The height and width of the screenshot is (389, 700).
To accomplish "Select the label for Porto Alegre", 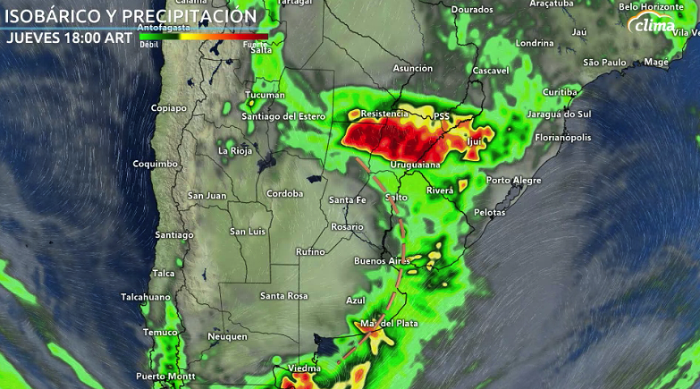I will coord(514,180).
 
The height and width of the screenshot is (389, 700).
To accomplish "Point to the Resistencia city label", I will coord(384,114).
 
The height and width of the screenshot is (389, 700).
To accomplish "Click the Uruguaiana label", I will coord(417,165).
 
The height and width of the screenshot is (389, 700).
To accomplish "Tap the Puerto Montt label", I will coord(165,376).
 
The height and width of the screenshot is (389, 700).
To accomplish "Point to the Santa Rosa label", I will coord(283,296).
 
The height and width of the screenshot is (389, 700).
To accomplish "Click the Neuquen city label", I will coord(226,336).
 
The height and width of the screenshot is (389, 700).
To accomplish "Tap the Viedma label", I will coord(304,368).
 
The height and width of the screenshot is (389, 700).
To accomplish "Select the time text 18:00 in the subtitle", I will coord(85,38).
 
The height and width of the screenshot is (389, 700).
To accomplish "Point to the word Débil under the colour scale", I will coord(148,44).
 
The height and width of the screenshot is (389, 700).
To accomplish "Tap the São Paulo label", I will coord(603,62).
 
